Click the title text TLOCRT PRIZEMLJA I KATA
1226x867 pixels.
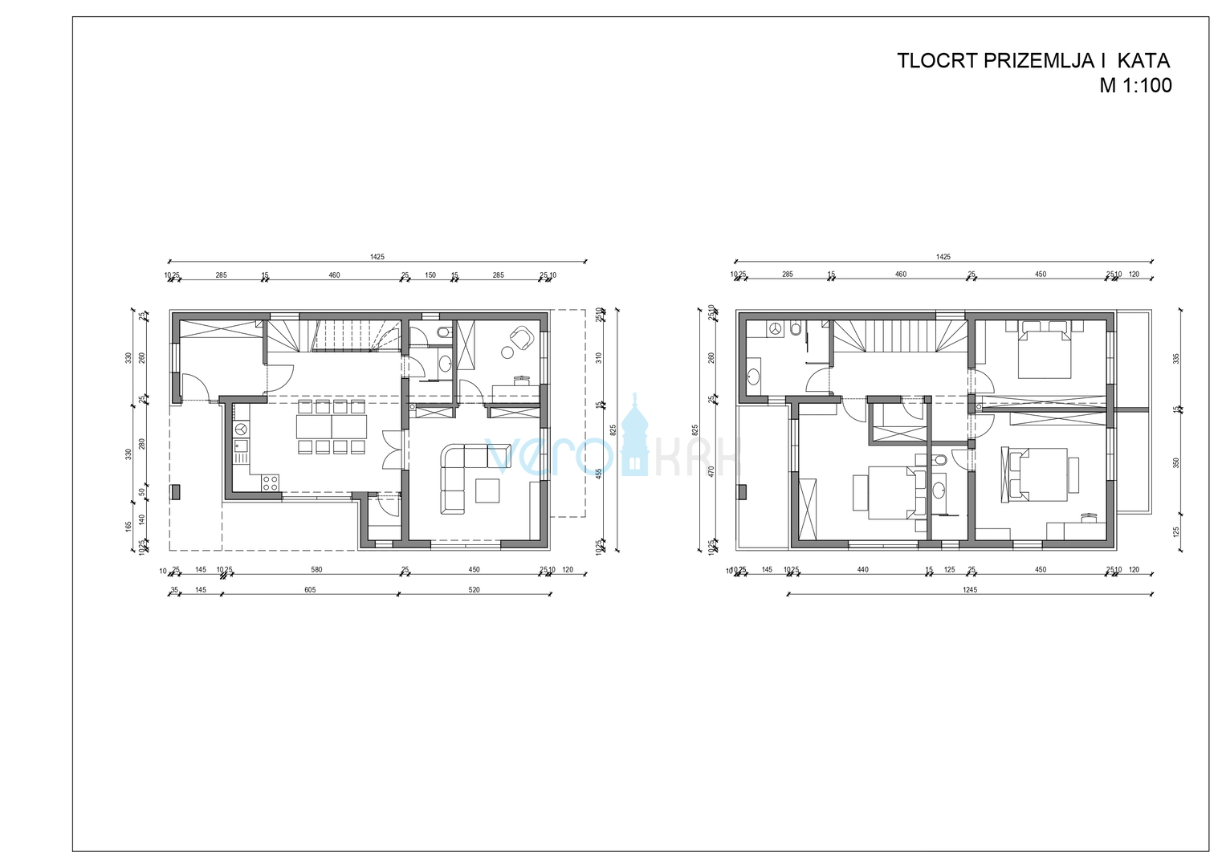click(x=1033, y=61)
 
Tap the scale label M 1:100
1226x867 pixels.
click(x=1135, y=86)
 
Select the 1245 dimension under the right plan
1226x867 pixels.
click(x=970, y=590)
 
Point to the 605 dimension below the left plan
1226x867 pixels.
click(x=310, y=590)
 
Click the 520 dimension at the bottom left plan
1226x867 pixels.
click(x=475, y=590)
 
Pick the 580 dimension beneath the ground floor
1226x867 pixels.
click(x=316, y=570)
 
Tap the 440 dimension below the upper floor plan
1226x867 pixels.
click(x=863, y=570)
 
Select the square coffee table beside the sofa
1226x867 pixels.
click(x=487, y=490)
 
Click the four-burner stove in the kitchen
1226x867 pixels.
click(x=271, y=482)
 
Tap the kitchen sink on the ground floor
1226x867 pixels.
click(x=240, y=446)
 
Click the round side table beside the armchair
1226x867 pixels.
click(x=507, y=352)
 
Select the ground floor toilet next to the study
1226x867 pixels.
click(x=443, y=332)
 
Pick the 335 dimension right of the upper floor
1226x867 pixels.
click(x=1176, y=358)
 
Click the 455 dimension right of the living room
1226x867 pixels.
click(x=598, y=474)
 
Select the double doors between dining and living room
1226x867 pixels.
click(x=393, y=450)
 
